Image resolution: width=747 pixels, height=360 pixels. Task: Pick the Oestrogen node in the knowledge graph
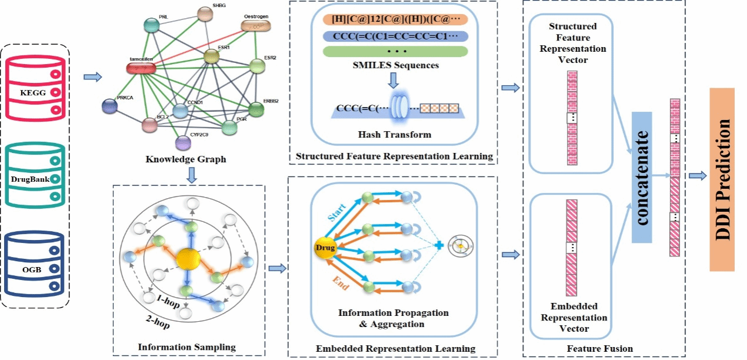coord(257,26)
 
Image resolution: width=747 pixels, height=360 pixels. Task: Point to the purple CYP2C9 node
coord(184,142)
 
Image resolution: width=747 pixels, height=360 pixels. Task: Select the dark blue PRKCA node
coord(109,106)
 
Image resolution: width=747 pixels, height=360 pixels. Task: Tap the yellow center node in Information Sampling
coord(188,259)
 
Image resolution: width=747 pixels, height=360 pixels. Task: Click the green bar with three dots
coord(395,51)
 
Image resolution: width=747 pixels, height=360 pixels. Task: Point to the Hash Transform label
coord(394,135)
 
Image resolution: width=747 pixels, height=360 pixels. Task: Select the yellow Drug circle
coord(325,248)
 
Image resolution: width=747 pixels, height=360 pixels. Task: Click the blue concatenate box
coord(649,176)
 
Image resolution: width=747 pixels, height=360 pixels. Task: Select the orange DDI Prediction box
coord(722,179)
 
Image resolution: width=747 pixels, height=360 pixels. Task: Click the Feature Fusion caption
coord(600,349)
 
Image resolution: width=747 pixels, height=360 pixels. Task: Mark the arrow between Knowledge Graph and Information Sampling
coord(190,175)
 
